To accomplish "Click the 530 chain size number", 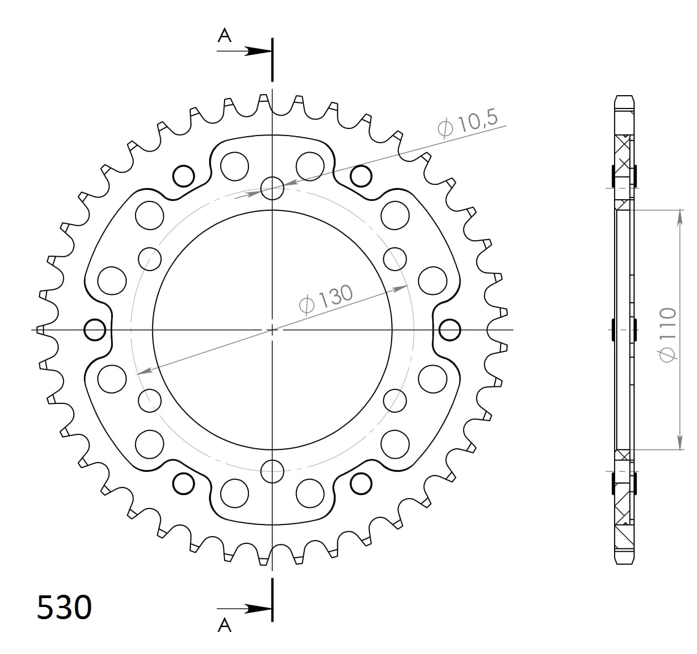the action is point(64,607).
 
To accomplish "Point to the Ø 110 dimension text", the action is point(667,335).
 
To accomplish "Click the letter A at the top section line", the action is point(225,35).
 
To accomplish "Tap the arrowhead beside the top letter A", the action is point(259,51).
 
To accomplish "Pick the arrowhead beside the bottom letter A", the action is point(259,609).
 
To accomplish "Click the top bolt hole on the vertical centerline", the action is point(272,189).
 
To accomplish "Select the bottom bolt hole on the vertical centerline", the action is point(272,471).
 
